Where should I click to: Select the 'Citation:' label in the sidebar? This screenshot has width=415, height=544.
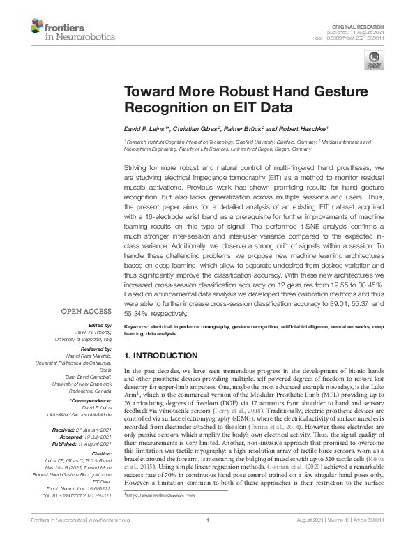tap(100, 453)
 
